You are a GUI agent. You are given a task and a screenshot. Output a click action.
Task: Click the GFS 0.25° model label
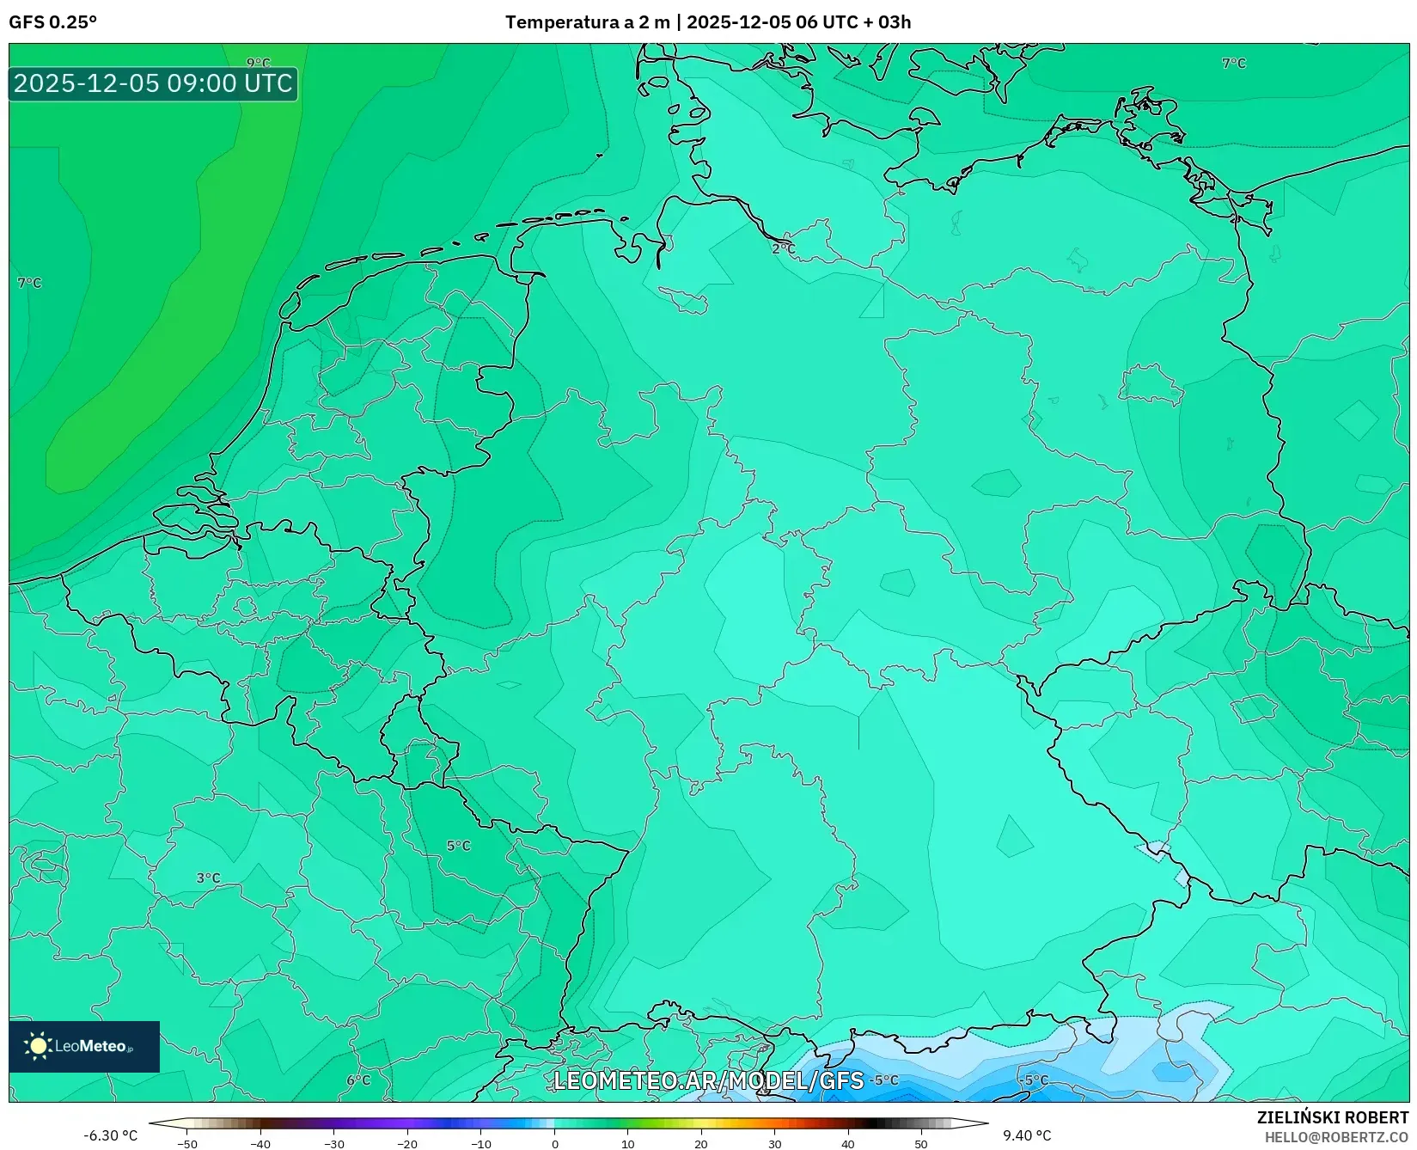(x=52, y=22)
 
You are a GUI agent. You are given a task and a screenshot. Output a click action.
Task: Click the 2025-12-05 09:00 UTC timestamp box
(x=153, y=83)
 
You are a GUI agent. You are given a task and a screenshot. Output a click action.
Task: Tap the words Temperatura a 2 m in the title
(x=587, y=22)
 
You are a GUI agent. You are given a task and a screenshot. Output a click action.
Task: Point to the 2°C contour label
(x=783, y=248)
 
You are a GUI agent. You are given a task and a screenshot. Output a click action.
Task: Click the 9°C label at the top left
(x=258, y=63)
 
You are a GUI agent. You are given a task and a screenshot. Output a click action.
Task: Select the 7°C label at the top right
(x=1233, y=63)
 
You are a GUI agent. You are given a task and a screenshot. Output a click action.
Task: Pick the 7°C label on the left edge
(x=29, y=283)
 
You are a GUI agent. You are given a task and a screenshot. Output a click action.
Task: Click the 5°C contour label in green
(x=458, y=846)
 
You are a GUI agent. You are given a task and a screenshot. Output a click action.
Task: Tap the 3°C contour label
(x=208, y=878)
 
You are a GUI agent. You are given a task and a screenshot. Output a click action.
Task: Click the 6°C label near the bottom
(x=358, y=1080)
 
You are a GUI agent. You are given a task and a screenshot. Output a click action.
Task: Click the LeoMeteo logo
(x=84, y=1046)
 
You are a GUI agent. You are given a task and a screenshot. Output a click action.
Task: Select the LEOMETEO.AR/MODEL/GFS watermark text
(x=708, y=1080)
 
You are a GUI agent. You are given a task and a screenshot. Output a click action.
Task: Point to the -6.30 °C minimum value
(x=110, y=1135)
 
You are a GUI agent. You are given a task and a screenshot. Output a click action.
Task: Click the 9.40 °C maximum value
(x=1027, y=1135)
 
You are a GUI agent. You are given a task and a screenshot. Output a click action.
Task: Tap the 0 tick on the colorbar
(x=554, y=1144)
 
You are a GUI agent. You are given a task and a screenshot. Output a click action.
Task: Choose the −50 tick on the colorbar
(x=186, y=1144)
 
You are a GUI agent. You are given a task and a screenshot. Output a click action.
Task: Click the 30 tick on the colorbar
(x=774, y=1144)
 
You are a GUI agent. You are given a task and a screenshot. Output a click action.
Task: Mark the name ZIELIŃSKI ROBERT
(x=1332, y=1118)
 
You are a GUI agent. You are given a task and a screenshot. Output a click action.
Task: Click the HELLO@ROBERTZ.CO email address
(x=1336, y=1137)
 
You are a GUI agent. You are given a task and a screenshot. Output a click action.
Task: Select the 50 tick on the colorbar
(x=921, y=1144)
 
